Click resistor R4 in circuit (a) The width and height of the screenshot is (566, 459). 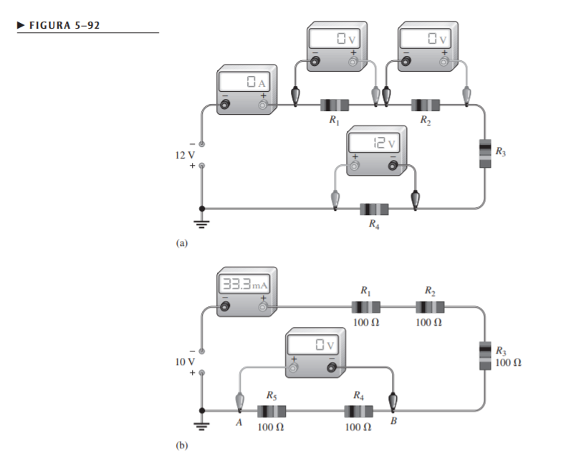click(x=373, y=209)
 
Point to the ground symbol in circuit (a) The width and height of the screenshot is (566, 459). click(x=203, y=222)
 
